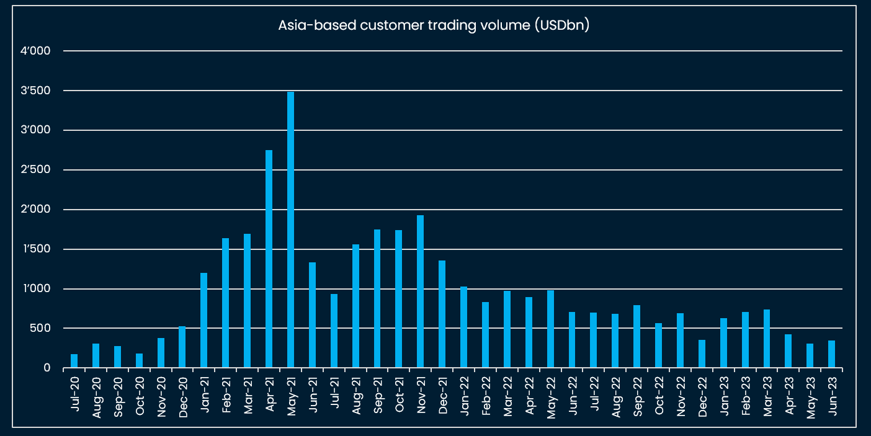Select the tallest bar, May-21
coord(290,229)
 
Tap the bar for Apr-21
coord(269,259)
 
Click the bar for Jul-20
coord(74,361)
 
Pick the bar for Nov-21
coord(420,291)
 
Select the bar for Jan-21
coord(203,320)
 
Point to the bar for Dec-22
coord(702,354)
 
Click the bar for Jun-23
coord(831,354)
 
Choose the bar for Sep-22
coord(636,336)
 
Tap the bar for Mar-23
coord(767,339)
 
